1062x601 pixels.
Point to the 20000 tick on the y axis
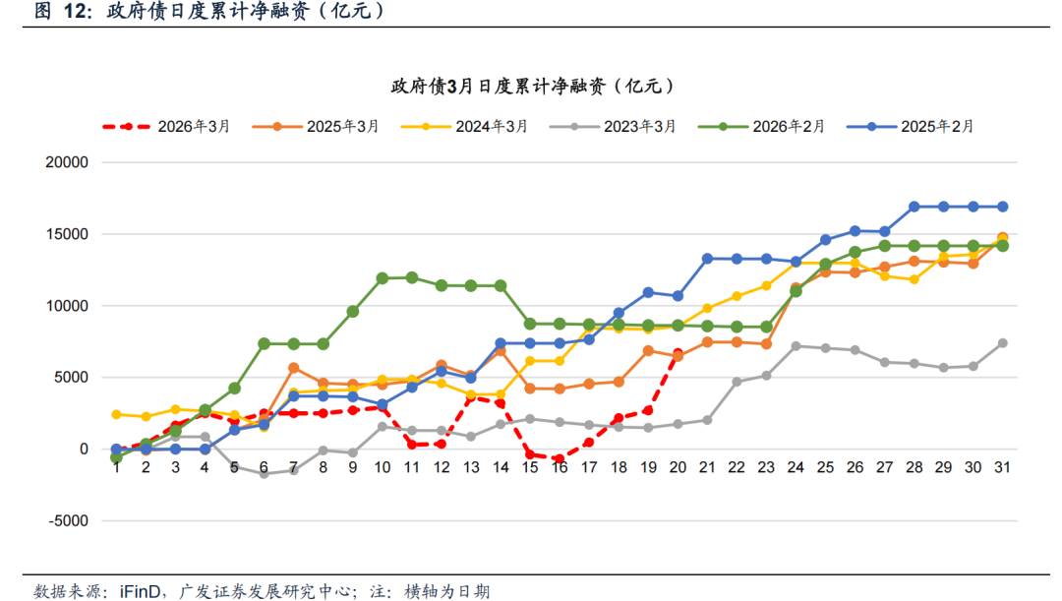tap(68, 162)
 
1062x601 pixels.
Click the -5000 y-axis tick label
tap(68, 520)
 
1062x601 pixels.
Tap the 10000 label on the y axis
tap(68, 306)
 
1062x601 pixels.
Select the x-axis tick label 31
tap(1002, 467)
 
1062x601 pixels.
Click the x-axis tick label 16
tap(560, 467)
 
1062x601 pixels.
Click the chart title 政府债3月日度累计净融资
tap(532, 87)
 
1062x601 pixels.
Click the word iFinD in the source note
tap(144, 590)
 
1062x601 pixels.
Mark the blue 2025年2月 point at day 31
tap(1002, 207)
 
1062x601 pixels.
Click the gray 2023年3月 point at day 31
tap(1002, 343)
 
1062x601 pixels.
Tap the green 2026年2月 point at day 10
tap(383, 278)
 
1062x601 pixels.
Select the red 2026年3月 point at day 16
tap(560, 459)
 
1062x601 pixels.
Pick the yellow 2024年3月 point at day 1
tap(116, 414)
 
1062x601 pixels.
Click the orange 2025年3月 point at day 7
tap(294, 368)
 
